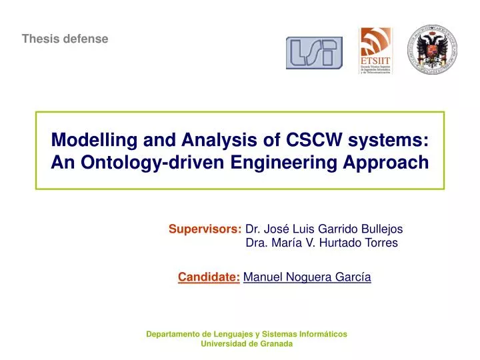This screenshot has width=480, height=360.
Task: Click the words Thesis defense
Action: tap(65, 39)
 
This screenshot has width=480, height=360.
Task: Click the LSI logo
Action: tap(314, 53)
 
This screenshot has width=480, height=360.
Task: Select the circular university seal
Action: tap(432, 50)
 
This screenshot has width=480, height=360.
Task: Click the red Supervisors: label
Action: tap(205, 229)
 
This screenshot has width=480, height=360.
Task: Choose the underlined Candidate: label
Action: tap(209, 277)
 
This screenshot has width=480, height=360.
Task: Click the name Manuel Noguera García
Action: tap(307, 277)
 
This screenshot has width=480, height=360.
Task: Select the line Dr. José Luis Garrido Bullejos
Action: tap(324, 229)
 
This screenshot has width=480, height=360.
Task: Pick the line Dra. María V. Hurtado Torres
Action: tap(321, 243)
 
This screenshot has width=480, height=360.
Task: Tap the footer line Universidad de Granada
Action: tap(246, 344)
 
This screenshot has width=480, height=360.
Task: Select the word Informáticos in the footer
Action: tap(324, 333)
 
